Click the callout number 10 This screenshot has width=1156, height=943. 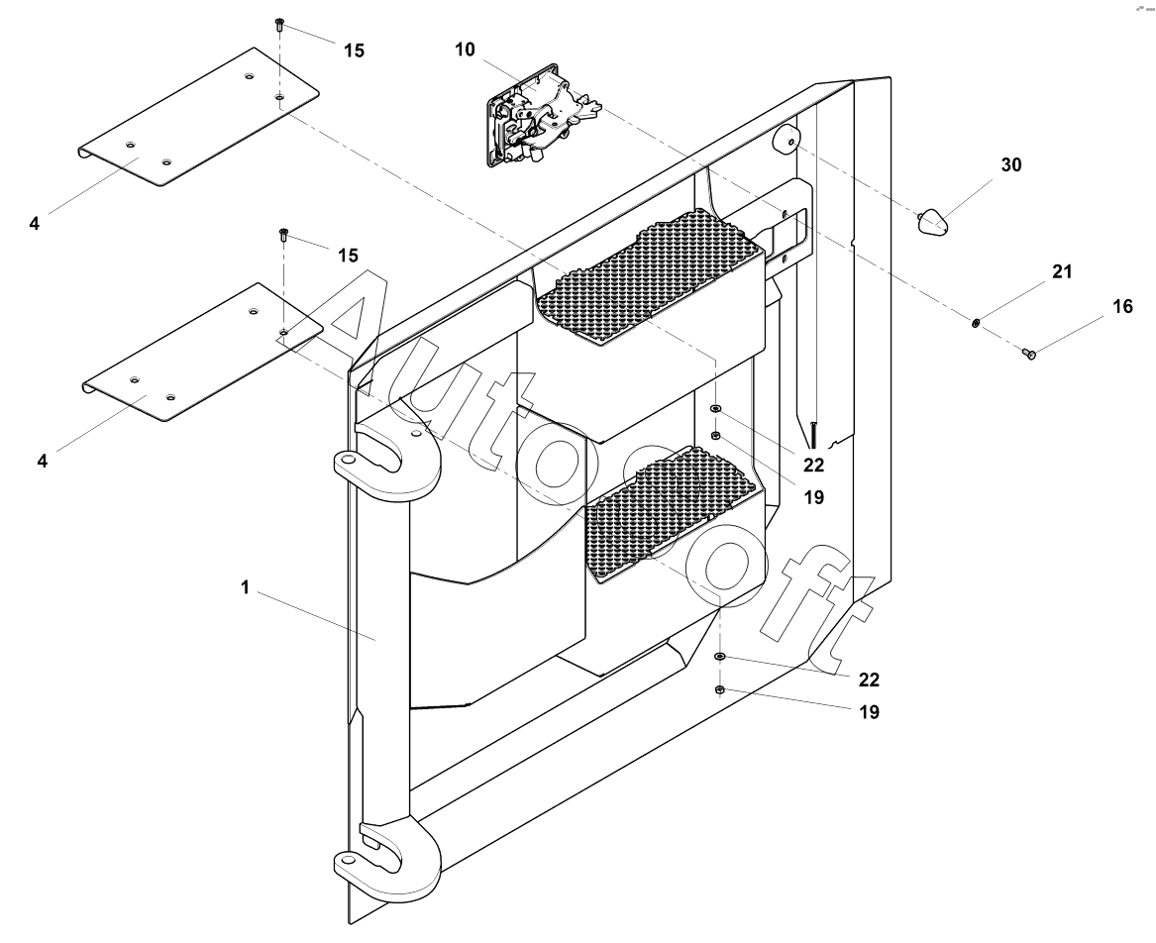click(x=466, y=49)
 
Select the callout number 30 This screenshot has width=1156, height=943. click(x=1010, y=165)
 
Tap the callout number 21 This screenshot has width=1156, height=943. click(x=1062, y=271)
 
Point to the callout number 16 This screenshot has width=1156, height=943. click(x=1122, y=307)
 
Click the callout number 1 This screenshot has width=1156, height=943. click(x=244, y=587)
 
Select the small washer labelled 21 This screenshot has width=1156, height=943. click(x=977, y=322)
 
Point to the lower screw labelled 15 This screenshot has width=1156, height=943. click(x=283, y=235)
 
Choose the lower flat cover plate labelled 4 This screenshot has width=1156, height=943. click(x=203, y=354)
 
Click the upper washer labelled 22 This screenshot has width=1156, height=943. click(x=716, y=409)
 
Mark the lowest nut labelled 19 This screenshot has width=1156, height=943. click(x=720, y=689)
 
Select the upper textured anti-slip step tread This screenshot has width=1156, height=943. click(x=649, y=277)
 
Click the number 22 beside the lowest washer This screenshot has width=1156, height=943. click(x=869, y=680)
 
